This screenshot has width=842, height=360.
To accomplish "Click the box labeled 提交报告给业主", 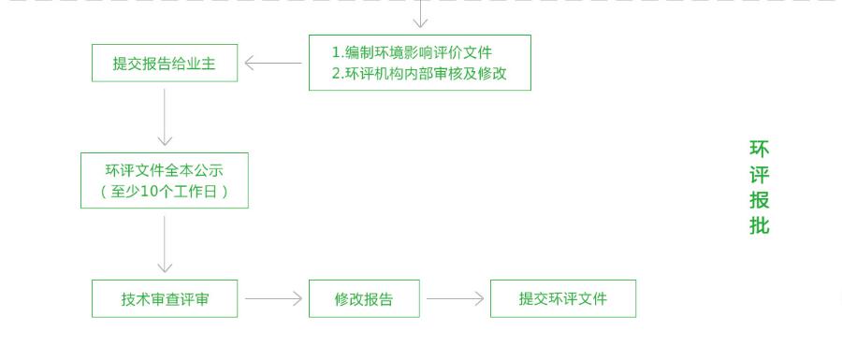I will pos(165,64).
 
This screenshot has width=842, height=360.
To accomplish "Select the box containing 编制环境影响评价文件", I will pos(419,63).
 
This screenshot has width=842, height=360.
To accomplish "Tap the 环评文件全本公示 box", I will pos(165,180).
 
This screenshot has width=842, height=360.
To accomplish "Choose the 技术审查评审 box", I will pos(165,299).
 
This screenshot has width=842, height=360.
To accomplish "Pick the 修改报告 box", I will pos(364,299).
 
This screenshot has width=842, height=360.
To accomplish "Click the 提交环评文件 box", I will pos(562,298).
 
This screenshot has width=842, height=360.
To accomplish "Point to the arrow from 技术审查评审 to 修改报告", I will pos(274,299).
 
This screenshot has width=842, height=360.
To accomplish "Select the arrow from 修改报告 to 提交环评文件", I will pos(456,299).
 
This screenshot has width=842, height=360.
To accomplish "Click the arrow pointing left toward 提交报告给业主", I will pos(273,64).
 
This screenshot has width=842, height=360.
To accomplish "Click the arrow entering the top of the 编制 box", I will pos(421,15).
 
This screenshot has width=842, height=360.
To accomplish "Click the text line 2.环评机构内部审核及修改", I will pos(419,74).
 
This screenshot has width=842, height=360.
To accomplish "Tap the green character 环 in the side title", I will pos(759,149).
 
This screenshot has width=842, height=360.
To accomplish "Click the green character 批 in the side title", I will pos(759,225).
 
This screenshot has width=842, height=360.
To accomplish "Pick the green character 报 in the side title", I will pos(759,200).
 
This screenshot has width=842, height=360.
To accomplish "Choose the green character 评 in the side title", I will pos(759,175).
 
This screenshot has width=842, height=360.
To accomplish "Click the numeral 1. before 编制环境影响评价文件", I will pos(338,52).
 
